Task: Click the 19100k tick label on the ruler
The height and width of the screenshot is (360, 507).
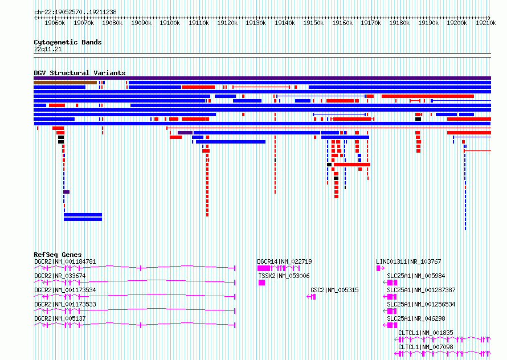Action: (170, 23)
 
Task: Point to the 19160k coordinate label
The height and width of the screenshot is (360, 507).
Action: (342, 23)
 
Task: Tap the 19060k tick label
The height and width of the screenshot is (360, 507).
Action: (55, 23)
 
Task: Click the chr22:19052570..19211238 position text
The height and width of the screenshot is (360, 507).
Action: (75, 12)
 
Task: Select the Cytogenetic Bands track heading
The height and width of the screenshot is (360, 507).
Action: (68, 42)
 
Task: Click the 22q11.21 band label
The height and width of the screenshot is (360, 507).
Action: (48, 49)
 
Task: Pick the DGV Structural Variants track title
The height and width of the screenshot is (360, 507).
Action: (80, 73)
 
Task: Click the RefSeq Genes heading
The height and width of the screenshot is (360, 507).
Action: (58, 255)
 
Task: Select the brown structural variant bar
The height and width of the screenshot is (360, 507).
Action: (66, 83)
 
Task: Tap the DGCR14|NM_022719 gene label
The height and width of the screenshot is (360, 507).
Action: (284, 261)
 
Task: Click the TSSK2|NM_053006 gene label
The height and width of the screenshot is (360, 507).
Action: (284, 276)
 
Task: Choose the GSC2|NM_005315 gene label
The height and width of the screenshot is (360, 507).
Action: (334, 290)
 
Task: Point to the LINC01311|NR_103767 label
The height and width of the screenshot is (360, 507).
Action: (408, 261)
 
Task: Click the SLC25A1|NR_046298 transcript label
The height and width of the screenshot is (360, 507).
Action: (416, 318)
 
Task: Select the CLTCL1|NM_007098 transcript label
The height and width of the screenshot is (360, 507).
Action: (426, 347)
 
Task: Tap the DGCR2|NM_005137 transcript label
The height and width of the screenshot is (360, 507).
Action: (60, 318)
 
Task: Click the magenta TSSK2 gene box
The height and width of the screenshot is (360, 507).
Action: (262, 283)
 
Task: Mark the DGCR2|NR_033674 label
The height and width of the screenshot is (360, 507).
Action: (60, 276)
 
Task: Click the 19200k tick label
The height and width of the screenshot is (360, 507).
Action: (457, 23)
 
